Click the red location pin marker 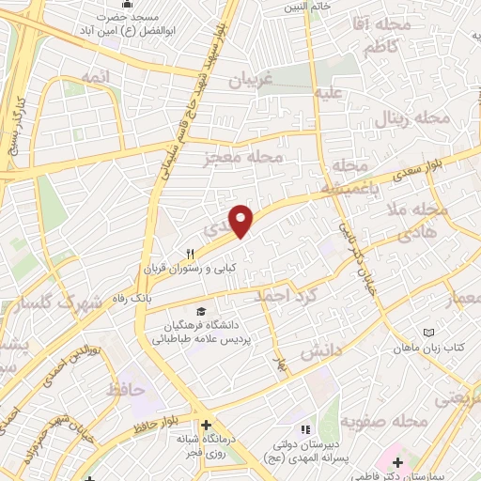pos(242,220)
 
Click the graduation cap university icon pos(200,312)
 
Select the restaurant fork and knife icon pos(191,254)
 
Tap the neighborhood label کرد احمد pos(288,297)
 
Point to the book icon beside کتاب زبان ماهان pos(429,334)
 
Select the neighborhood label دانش pos(318,353)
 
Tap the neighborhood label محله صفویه pos(379,421)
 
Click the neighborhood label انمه pos(96,76)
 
